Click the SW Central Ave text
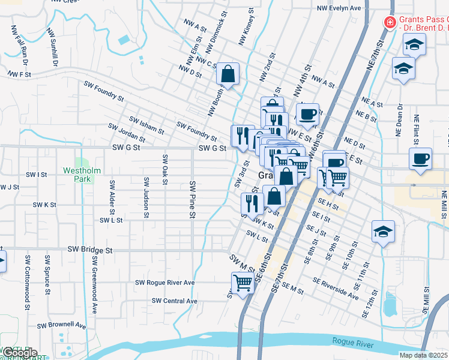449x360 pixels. click(175, 301)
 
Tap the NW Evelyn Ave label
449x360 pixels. click(339, 8)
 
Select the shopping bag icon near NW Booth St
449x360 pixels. click(228, 74)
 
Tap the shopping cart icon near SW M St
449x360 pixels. click(243, 282)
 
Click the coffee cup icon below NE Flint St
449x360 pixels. click(420, 160)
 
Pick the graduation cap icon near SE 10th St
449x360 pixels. click(382, 232)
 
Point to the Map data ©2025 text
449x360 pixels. click(423, 355)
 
